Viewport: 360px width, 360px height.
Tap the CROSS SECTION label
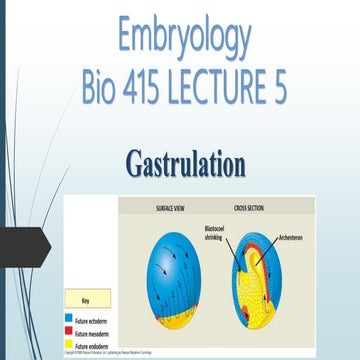244,207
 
